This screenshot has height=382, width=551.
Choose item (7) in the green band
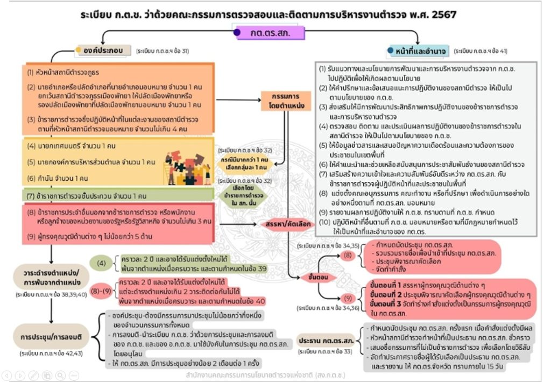coord(89,196)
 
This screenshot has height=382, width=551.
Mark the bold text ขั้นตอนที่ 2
coord(388,295)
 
